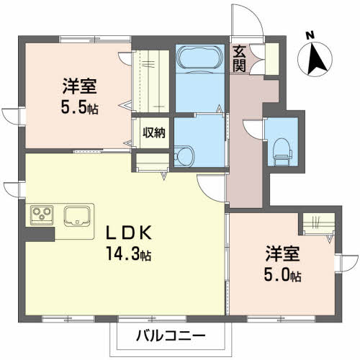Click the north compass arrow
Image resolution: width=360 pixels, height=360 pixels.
[315, 58]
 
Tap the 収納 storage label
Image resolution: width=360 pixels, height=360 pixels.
[153, 132]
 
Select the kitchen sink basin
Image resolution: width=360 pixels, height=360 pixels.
[77, 215]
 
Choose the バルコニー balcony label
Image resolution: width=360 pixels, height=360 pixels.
[171, 336]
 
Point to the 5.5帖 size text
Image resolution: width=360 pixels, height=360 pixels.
[79, 109]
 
